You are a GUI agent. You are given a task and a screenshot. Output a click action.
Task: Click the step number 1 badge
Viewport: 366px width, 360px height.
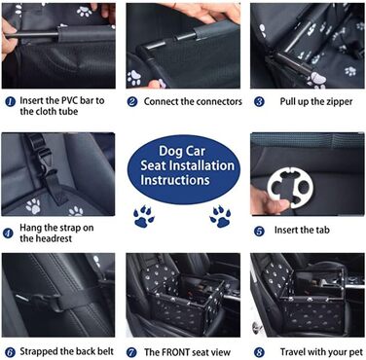(10, 102)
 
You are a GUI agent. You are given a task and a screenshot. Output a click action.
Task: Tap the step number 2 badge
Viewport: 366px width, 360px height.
(132, 102)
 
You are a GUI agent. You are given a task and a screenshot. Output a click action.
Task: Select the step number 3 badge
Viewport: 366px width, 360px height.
(259, 102)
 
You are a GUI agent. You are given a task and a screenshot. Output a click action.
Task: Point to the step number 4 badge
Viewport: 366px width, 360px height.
(8, 234)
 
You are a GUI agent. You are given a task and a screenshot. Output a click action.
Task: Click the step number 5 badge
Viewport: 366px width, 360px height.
(259, 232)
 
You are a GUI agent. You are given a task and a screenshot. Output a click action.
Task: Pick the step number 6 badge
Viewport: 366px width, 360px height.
(10, 352)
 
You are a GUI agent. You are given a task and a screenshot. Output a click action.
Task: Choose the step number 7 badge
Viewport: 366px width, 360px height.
(131, 352)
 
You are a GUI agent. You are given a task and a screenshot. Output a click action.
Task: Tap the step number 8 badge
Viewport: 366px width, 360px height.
(259, 352)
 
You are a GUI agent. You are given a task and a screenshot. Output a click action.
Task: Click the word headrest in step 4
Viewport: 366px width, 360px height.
(54, 238)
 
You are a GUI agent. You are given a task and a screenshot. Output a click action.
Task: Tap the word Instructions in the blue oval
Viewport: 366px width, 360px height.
(175, 180)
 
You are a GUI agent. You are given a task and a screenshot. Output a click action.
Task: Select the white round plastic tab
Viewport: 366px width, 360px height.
(290, 188)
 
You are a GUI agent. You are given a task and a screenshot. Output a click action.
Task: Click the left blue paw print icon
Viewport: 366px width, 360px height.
(143, 216)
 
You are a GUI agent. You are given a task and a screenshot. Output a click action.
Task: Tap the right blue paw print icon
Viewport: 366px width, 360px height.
(220, 216)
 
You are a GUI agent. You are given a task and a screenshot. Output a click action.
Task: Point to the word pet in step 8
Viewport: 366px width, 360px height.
(355, 352)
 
